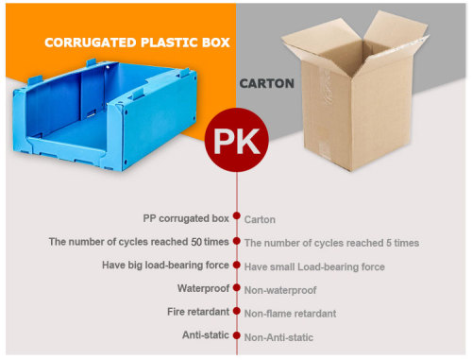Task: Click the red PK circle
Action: click(236, 141)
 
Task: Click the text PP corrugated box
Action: click(186, 217)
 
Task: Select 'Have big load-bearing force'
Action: click(165, 265)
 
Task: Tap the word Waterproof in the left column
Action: click(203, 287)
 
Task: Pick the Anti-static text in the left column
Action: click(205, 334)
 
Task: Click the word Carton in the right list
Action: click(260, 219)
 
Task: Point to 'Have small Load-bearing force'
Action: click(314, 266)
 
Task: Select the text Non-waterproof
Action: click(280, 290)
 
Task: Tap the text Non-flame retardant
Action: click(290, 313)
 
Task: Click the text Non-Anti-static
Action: click(278, 336)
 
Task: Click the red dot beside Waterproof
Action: click(236, 287)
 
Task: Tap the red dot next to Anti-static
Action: click(236, 334)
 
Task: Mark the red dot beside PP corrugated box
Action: click(236, 217)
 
